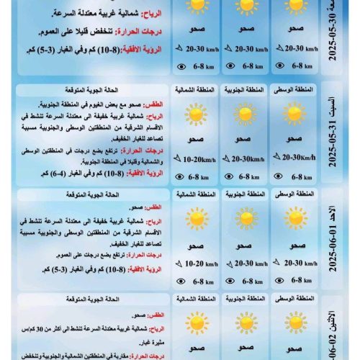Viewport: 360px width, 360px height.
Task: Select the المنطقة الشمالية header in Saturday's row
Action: (195, 91)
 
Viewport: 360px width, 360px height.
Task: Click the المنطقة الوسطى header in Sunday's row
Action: (293, 194)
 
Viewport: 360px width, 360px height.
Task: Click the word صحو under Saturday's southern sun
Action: (243, 139)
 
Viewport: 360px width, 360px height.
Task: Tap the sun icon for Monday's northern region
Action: (194, 322)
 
